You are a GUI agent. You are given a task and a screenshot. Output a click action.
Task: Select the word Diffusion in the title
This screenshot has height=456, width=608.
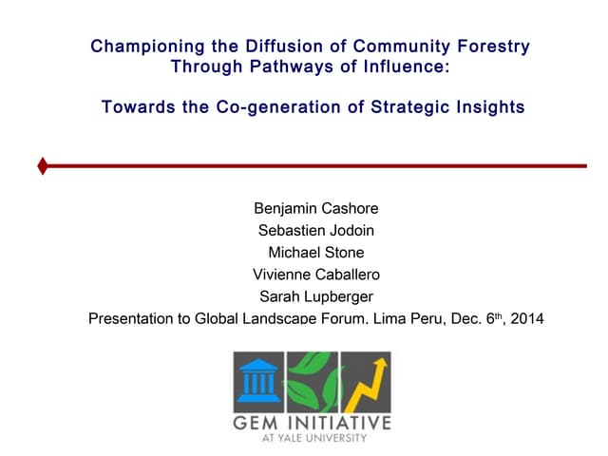(284, 46)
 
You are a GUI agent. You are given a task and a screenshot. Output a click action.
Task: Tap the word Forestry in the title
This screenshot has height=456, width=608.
(489, 46)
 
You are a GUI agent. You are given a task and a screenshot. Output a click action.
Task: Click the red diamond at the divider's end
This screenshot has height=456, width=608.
(43, 167)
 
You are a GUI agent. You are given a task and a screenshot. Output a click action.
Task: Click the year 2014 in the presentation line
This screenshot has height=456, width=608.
(527, 319)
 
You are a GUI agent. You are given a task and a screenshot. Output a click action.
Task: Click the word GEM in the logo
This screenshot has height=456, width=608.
(258, 422)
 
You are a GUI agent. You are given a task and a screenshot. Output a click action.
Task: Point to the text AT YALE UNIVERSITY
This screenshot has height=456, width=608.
(313, 439)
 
